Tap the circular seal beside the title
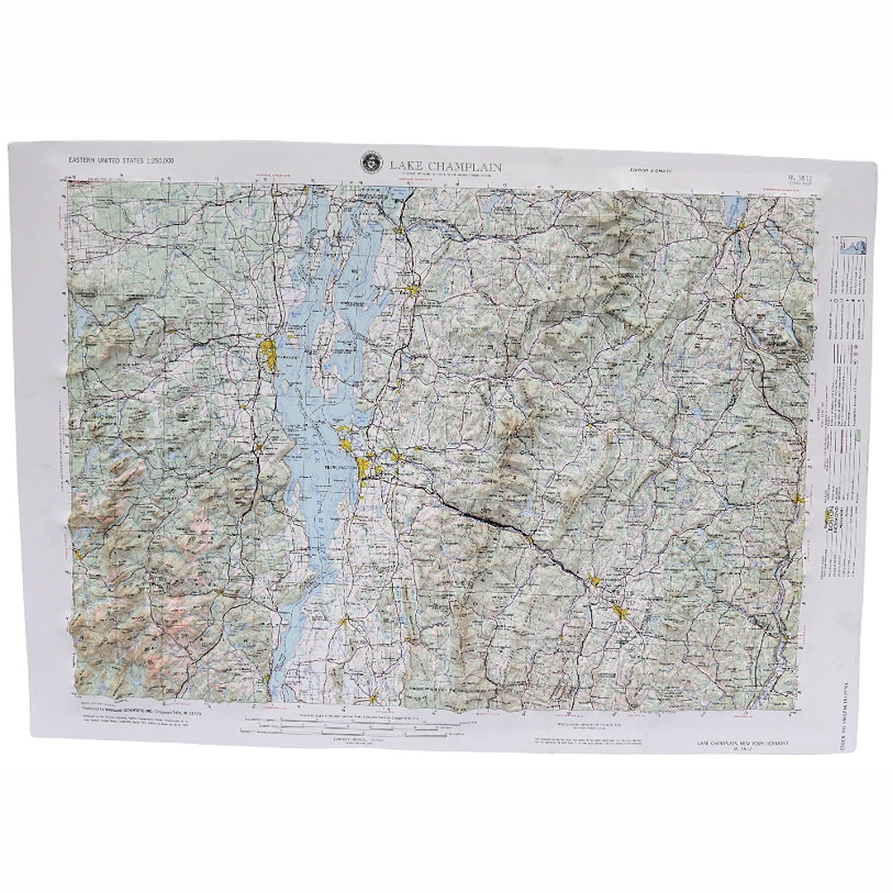(369, 162)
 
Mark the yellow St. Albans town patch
(412, 288)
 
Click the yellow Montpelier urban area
(595, 583)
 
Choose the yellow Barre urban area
(621, 613)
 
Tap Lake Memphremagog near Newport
(739, 211)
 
